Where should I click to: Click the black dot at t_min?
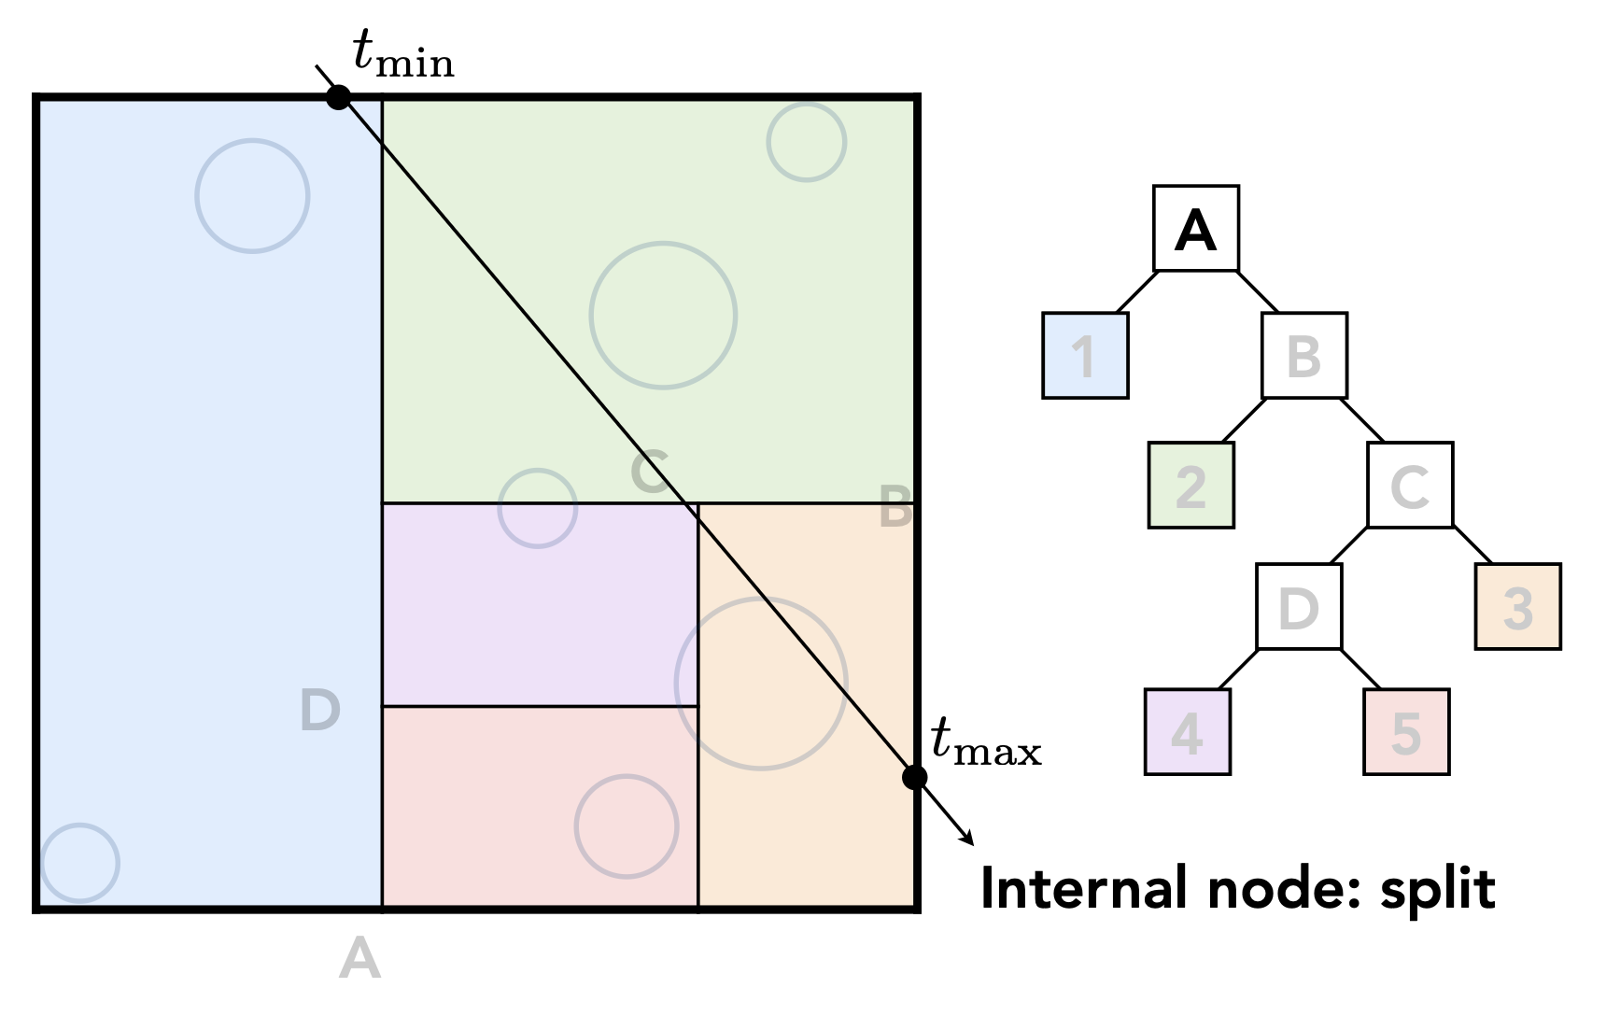point(338,96)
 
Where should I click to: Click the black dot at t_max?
point(915,777)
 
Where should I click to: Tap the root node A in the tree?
point(1196,229)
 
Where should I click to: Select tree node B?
point(1304,356)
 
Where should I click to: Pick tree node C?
point(1410,485)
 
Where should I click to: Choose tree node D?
point(1299,607)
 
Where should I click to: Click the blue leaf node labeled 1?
point(1085,356)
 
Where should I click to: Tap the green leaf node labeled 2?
point(1190,485)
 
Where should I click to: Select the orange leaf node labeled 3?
point(1518,607)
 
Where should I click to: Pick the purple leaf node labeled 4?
point(1188,732)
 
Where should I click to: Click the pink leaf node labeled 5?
point(1406,732)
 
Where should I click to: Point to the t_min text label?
point(403,53)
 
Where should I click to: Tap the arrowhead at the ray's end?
point(968,839)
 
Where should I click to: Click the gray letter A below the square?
point(359,959)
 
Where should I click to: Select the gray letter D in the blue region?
point(320,710)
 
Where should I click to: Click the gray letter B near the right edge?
point(895,509)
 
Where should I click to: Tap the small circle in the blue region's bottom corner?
point(80,863)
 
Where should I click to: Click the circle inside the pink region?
point(627,826)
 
